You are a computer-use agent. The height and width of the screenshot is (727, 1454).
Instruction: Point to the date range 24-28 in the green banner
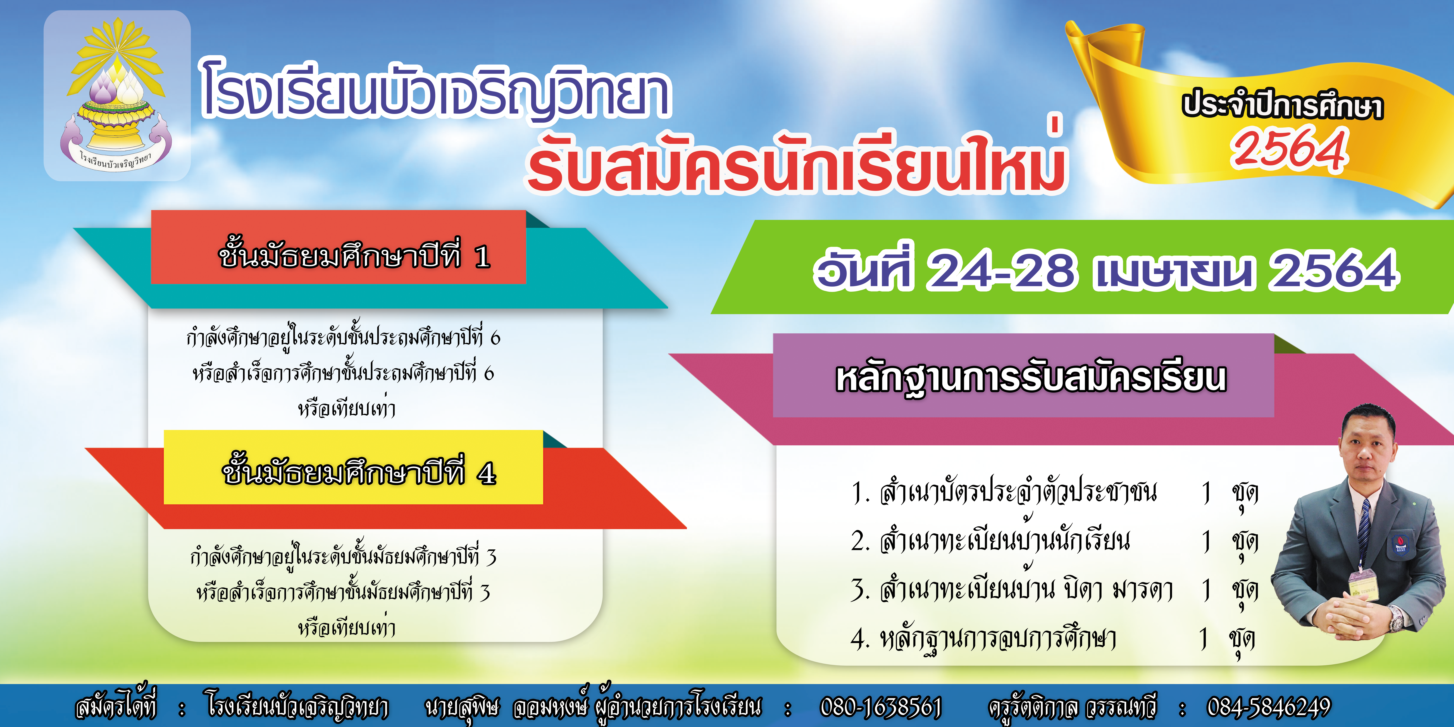coord(1002,270)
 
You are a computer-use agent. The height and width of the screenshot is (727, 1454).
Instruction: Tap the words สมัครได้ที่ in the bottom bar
coord(116,706)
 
